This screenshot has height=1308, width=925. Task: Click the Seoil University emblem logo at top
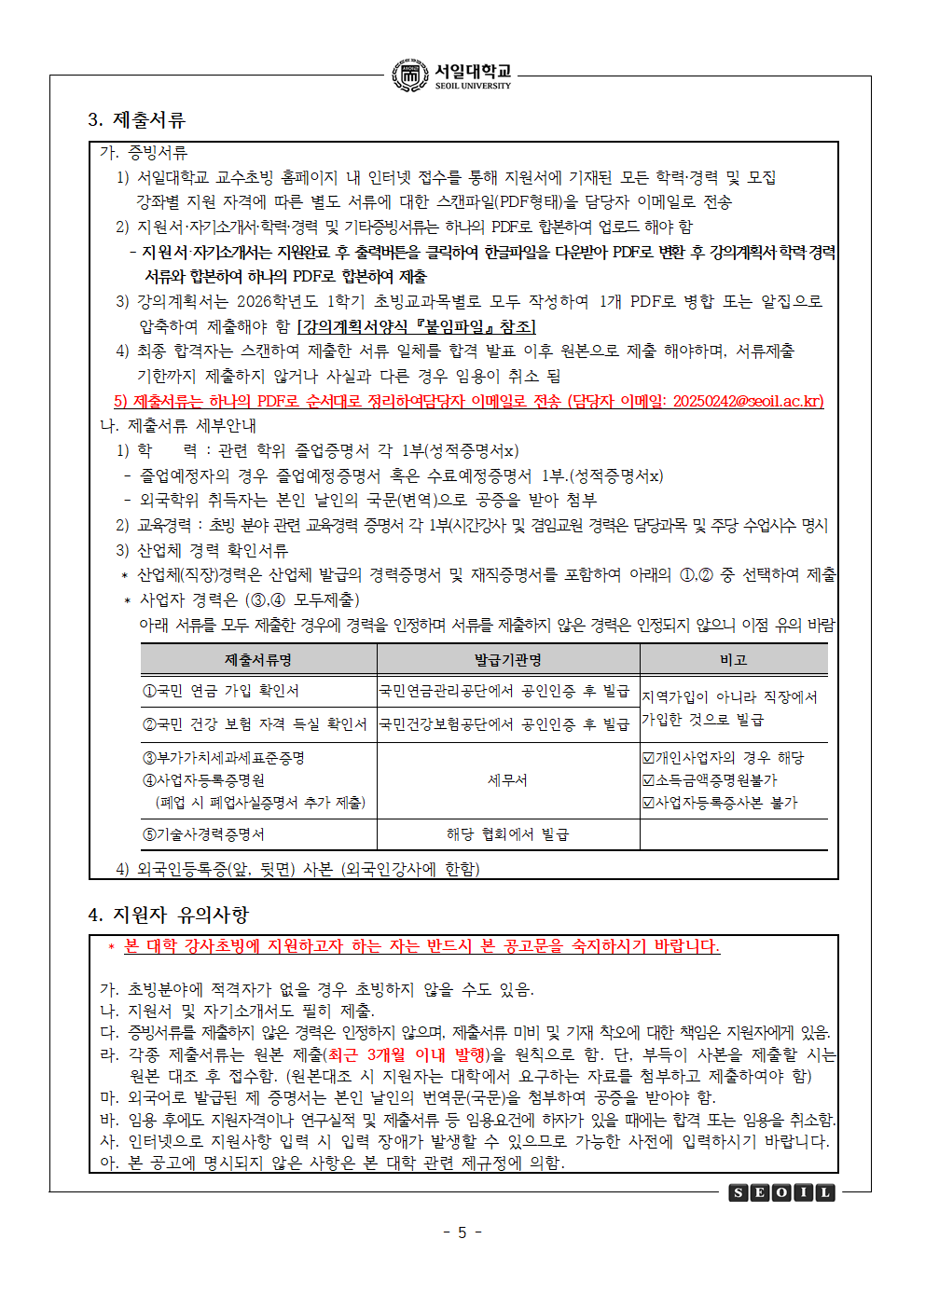coord(410,76)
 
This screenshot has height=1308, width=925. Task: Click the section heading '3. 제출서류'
coord(136,120)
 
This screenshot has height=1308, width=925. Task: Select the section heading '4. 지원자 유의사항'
coord(168,915)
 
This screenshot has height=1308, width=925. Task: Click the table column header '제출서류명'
coord(258,660)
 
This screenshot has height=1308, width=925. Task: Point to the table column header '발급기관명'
coord(508,660)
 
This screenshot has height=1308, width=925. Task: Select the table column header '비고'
coord(733,660)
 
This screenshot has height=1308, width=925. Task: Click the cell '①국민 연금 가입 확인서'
coord(221,691)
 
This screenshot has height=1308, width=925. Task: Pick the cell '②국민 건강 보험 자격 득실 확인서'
coord(255,724)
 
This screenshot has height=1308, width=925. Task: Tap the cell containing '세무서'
coord(508,780)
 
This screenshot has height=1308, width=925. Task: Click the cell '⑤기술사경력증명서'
coord(203,834)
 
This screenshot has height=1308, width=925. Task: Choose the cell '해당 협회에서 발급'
coord(508,834)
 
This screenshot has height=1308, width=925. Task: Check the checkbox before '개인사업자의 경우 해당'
coord(648,758)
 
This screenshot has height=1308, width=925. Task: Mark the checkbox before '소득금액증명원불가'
coord(648,780)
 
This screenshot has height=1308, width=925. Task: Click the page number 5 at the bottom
coord(462,1232)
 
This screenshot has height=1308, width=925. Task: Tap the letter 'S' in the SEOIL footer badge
coord(739,1192)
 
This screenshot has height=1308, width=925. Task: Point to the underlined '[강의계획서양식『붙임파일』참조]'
coord(416,326)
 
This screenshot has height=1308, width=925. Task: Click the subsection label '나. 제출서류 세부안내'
coord(178,425)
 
